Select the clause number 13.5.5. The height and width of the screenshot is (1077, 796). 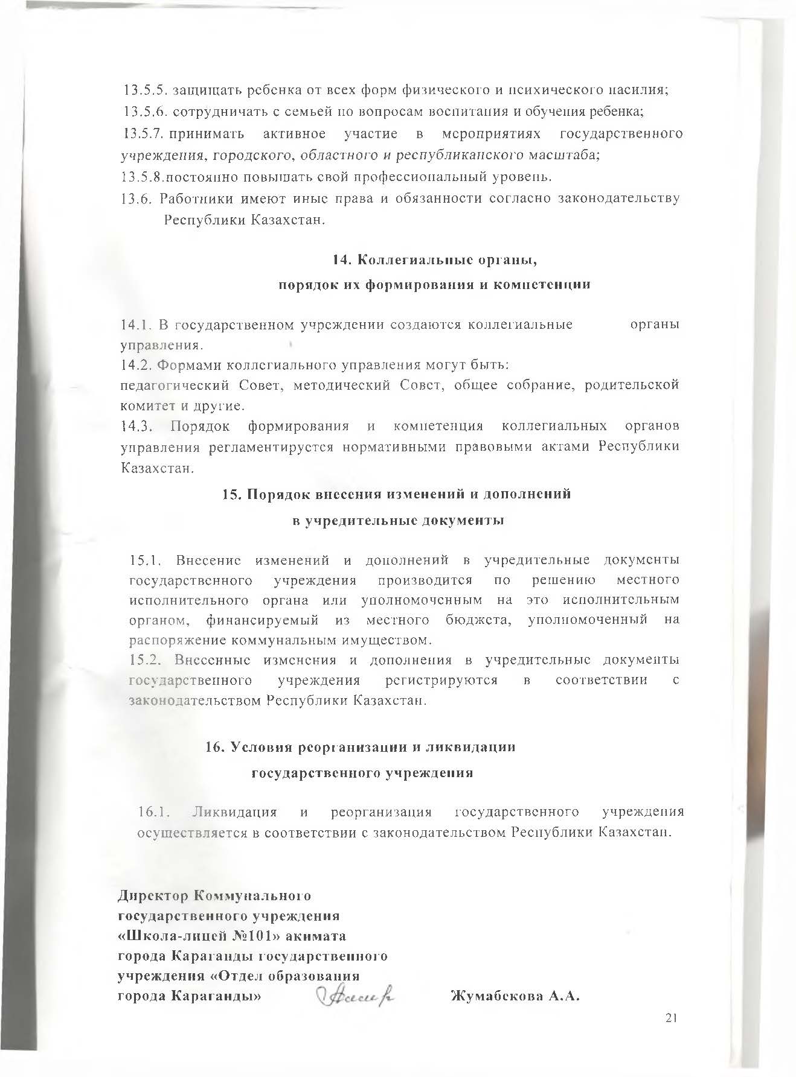[x=142, y=91]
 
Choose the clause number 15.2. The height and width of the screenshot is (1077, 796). [x=147, y=660]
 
